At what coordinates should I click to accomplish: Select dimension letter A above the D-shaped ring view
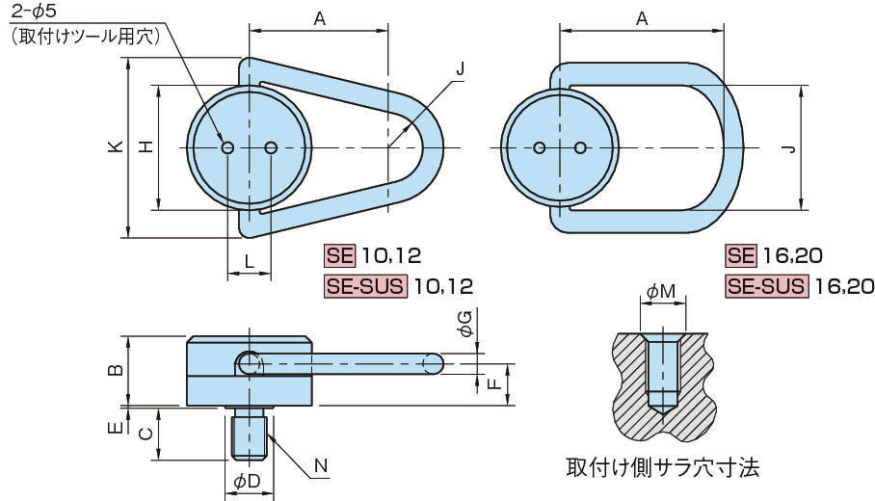641,19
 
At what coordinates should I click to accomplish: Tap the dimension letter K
115,145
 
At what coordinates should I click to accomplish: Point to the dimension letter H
145,146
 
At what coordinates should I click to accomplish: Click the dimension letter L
249,261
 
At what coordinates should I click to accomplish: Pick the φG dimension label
465,324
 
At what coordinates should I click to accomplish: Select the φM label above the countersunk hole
662,289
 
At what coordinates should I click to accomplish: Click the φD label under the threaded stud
248,480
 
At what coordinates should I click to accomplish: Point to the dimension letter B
115,370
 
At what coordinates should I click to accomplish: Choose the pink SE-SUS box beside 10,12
366,286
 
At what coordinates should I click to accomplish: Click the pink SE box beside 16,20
741,255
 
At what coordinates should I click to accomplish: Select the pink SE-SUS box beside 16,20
767,286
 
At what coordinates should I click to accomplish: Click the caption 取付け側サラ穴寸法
663,469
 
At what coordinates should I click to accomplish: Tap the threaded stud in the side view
250,434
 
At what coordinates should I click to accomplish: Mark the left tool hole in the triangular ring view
228,147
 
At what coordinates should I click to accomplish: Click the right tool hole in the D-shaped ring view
581,147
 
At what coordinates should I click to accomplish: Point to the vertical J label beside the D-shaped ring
788,147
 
